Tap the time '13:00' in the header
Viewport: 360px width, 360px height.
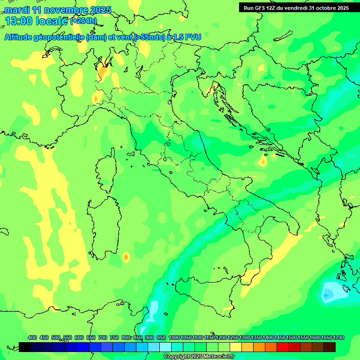[x=19, y=21]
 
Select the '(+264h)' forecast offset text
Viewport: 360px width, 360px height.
[x=83, y=21]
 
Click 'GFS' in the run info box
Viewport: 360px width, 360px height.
[x=261, y=8]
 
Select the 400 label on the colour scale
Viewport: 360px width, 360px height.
[x=32, y=337]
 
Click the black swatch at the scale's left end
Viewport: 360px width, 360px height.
[x=25, y=347]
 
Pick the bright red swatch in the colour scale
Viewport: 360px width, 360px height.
[x=283, y=347]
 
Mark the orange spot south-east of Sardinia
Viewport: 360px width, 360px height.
[x=126, y=257]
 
